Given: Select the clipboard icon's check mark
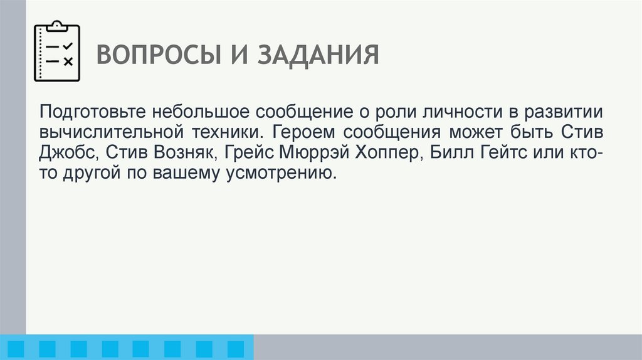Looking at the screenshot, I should point(68,46).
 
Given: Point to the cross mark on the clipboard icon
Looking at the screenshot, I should point(68,61).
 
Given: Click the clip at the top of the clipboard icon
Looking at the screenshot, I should point(56,26).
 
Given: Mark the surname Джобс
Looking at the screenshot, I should point(67,154).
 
